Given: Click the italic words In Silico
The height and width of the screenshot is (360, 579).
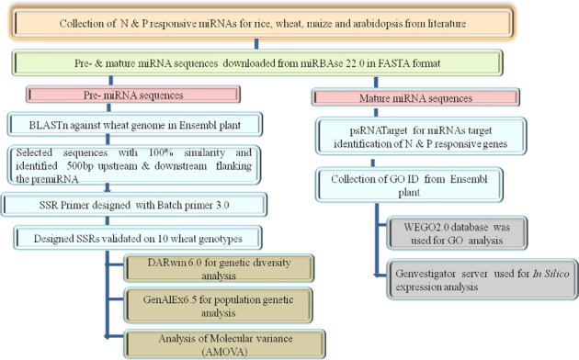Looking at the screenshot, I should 538,273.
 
